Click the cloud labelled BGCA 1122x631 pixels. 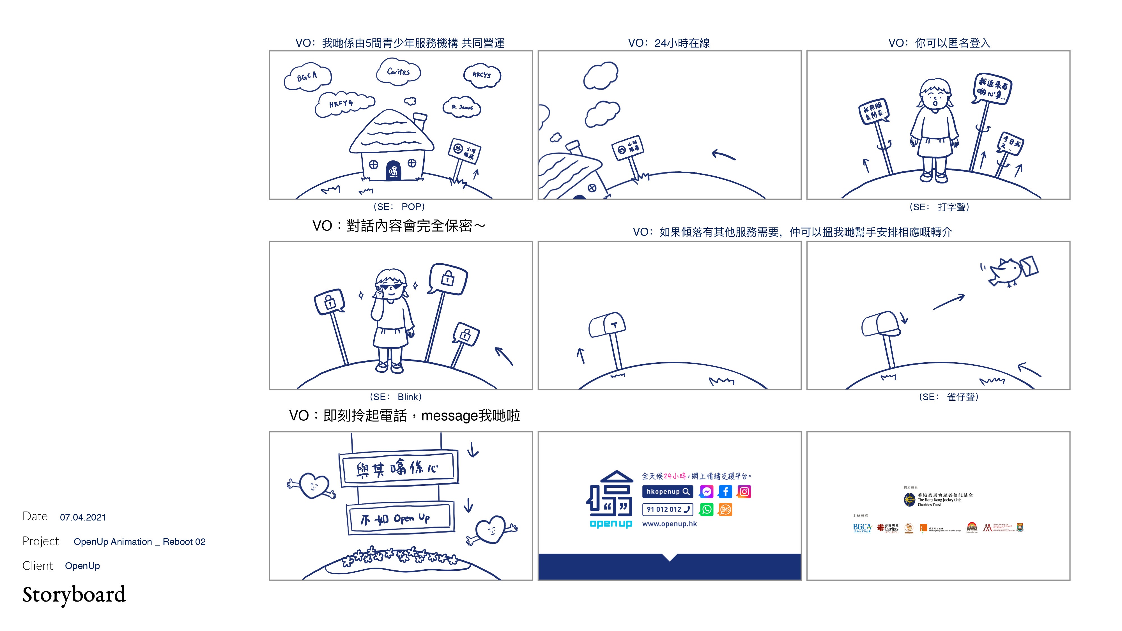point(307,77)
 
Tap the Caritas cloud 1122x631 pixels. point(398,72)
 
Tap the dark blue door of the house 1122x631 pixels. point(393,171)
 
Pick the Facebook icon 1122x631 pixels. point(725,492)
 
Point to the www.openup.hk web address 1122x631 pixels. point(670,524)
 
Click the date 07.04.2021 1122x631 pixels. point(83,517)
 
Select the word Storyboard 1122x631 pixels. point(74,595)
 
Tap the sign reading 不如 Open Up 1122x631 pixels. point(400,518)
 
